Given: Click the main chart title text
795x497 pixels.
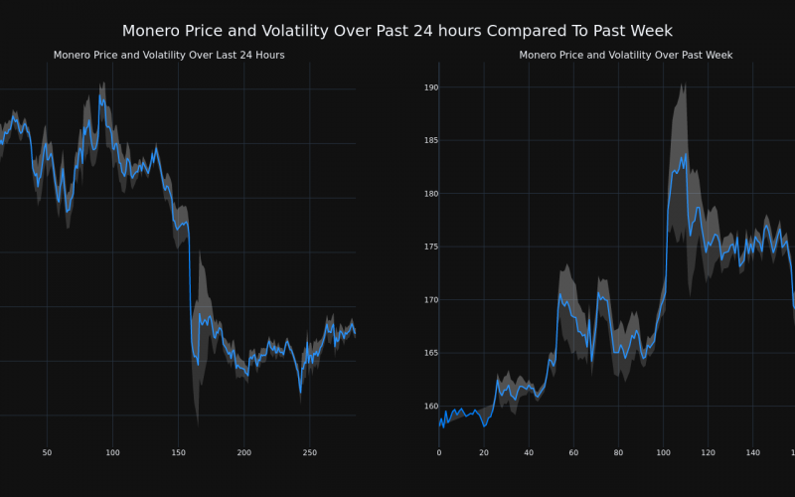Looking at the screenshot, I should (397, 32).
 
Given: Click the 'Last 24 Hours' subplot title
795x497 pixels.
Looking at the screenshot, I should (169, 56).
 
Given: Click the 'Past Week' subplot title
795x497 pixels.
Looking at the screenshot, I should (626, 56).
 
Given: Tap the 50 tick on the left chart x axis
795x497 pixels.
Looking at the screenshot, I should (47, 453).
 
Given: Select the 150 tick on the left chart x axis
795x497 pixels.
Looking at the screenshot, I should (178, 453).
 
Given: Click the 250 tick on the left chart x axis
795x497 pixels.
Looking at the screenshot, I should (309, 453).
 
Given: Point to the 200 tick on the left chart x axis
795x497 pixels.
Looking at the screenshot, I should (243, 453).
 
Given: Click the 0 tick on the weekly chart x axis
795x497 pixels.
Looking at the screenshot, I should (439, 453).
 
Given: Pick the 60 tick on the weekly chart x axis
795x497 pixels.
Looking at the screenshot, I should (573, 453).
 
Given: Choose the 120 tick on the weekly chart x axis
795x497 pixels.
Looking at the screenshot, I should (708, 453).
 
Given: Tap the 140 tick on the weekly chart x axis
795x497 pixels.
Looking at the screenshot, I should (752, 453).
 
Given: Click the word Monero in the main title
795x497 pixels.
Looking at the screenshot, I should (156, 32).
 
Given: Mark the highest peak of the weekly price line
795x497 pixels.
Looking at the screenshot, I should (685, 155).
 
